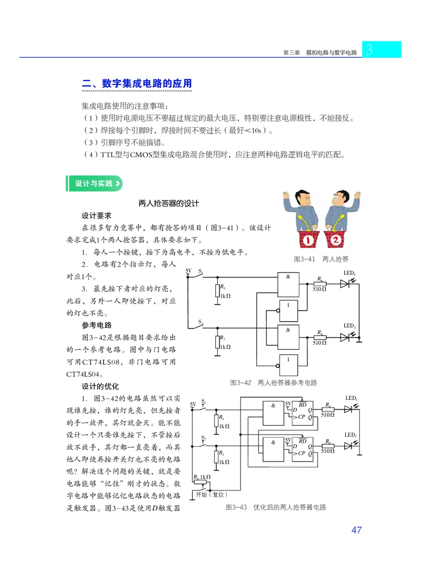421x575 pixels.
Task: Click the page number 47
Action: tap(356, 530)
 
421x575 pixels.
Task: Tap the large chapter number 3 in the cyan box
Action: tap(369, 50)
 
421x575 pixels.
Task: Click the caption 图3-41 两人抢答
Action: tap(321, 259)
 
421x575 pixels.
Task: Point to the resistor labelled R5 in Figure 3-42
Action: tap(217, 292)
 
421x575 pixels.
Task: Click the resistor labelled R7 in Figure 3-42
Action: tap(217, 342)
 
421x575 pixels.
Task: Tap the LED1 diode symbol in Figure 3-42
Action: tap(345, 284)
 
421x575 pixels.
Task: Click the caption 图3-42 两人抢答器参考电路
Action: tap(273, 383)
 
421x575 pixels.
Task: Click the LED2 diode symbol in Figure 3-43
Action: tap(348, 446)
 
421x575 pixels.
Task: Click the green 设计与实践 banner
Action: tap(95, 183)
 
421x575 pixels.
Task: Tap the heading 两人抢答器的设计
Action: tap(168, 203)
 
